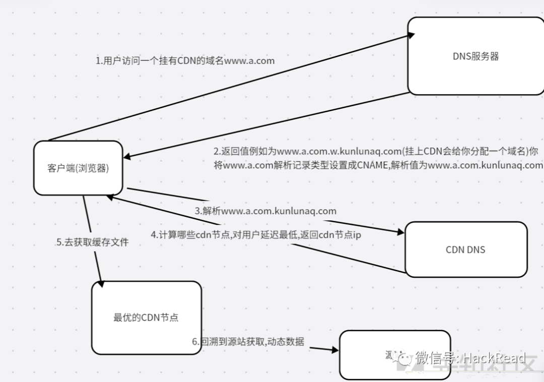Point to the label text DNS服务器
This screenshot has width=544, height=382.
[x=475, y=56]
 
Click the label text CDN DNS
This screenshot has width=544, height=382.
[x=465, y=250]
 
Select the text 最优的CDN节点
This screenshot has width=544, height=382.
[x=146, y=318]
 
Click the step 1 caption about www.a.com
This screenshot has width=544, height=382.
[x=185, y=61]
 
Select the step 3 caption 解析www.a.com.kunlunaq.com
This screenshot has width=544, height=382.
[x=265, y=211]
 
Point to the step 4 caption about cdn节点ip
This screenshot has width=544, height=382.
[x=256, y=235]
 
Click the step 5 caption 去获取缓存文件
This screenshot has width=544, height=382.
[x=92, y=242]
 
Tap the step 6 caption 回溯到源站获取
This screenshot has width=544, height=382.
[x=248, y=342]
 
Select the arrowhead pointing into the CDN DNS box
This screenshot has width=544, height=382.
[x=400, y=232]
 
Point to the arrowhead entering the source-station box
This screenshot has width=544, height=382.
[x=334, y=349]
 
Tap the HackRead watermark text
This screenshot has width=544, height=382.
[x=494, y=358]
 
